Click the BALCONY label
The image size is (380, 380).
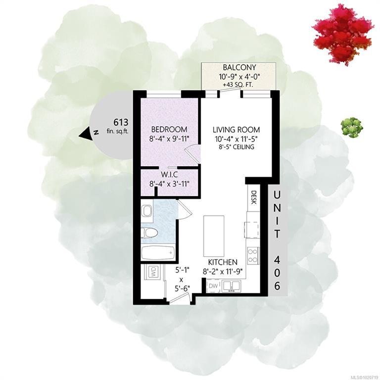coord(239,67)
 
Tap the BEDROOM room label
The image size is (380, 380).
coord(169,129)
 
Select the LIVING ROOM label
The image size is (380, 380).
coord(237,130)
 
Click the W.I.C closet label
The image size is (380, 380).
coord(169,174)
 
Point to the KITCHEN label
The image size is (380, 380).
coord(223,262)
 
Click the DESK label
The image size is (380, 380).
coord(254,197)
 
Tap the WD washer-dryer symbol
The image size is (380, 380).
coord(154,272)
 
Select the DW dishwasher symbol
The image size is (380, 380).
coord(214,285)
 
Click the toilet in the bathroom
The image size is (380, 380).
coord(149,233)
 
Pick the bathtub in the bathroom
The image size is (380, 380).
coord(158,253)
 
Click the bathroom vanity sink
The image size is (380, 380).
coord(147,211)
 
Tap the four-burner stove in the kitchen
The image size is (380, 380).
coord(253,256)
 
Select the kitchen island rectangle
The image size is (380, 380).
coord(214,236)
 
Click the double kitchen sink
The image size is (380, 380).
coord(231,285)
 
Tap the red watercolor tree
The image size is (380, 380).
coord(342,36)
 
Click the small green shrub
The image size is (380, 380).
coord(352,127)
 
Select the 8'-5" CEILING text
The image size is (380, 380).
coord(236,146)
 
